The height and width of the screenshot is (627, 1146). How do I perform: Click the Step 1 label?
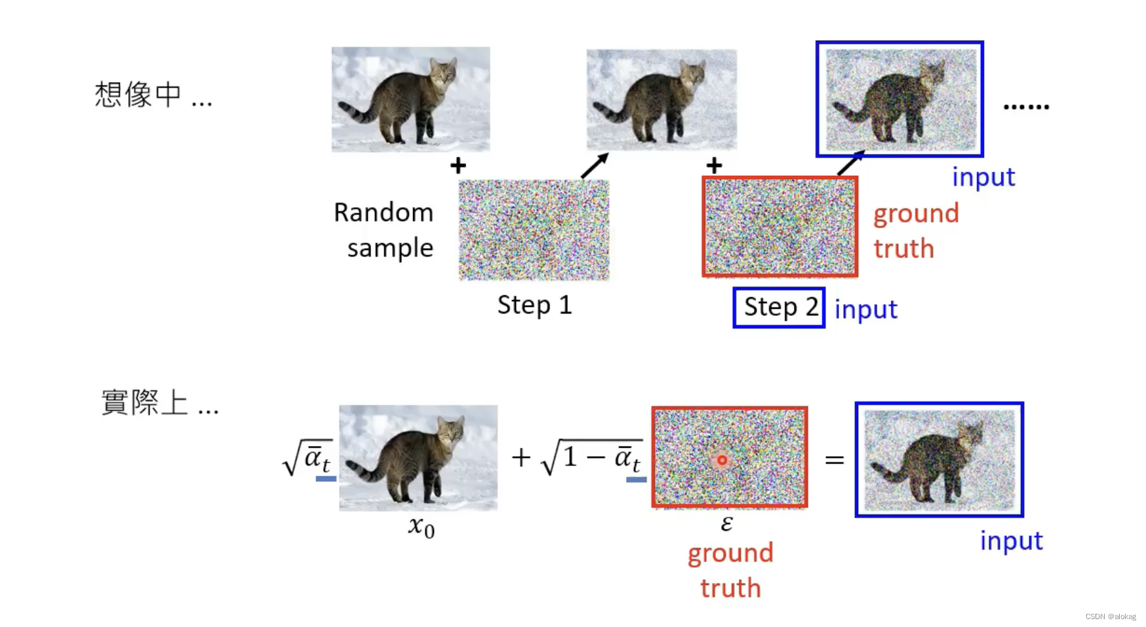point(534,305)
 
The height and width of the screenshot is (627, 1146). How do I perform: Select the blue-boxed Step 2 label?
point(779,308)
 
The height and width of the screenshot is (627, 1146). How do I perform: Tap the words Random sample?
point(384,230)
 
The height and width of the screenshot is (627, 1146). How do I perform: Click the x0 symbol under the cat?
point(421,527)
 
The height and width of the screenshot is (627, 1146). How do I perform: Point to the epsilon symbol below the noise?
point(726,523)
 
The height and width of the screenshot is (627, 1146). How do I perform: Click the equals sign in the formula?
point(834,460)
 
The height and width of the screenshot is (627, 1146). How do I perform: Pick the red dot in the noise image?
point(722,460)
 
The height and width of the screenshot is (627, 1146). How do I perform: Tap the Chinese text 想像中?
point(138,94)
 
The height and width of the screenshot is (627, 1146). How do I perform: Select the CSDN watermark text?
point(1110,617)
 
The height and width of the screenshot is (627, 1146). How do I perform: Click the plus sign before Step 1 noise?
point(458,165)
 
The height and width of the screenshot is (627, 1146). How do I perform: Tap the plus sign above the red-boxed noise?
point(714,165)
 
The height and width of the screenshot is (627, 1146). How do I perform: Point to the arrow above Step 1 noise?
point(595,166)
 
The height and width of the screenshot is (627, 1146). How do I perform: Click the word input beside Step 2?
point(865,310)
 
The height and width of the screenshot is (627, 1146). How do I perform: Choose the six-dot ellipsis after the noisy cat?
point(1026,106)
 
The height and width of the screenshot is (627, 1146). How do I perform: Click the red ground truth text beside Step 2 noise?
point(915,231)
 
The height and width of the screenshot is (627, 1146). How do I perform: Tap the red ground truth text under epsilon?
point(730,570)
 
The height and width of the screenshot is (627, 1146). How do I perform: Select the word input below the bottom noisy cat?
point(1011,541)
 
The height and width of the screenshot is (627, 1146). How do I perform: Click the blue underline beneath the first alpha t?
point(326,479)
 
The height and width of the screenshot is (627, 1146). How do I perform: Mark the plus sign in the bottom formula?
point(521,457)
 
